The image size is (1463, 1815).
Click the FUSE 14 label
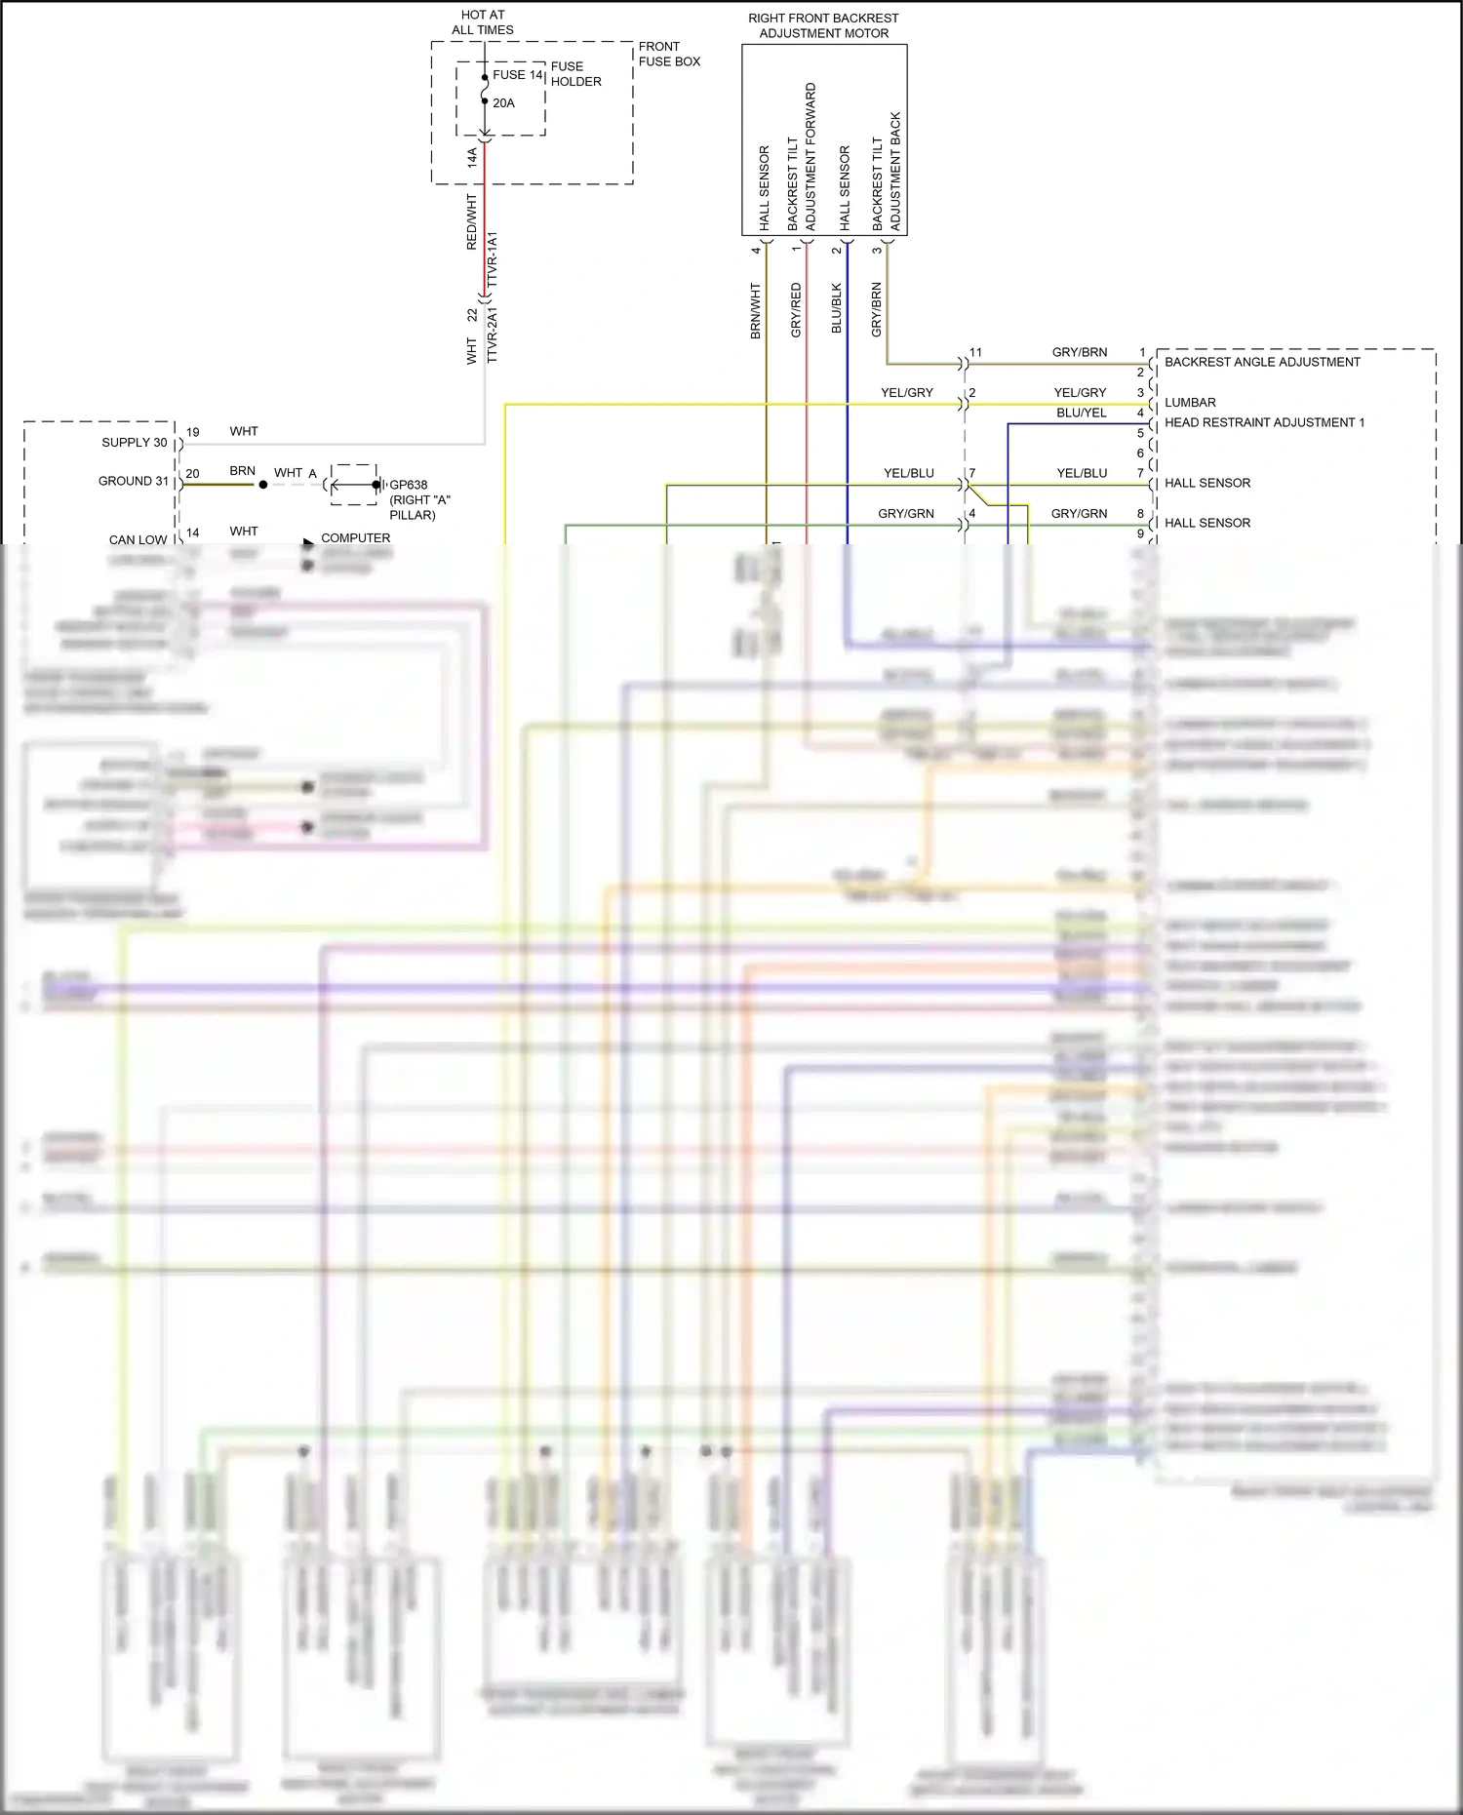(x=517, y=75)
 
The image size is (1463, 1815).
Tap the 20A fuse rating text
(x=503, y=103)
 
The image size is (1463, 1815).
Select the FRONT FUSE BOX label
(x=669, y=54)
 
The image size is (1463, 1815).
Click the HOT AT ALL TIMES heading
(x=483, y=22)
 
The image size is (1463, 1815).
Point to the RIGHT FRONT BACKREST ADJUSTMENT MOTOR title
(x=823, y=25)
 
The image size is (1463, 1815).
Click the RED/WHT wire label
(x=472, y=221)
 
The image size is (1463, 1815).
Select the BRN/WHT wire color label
(x=755, y=311)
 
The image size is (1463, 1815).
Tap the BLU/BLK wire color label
(x=836, y=308)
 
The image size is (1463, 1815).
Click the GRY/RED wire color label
(x=796, y=310)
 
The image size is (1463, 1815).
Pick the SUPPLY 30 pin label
(x=135, y=443)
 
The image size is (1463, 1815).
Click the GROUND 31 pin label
(x=134, y=481)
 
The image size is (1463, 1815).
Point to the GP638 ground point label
(x=409, y=485)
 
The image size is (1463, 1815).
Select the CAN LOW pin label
(x=138, y=539)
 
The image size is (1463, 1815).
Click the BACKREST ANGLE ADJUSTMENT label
(x=1262, y=362)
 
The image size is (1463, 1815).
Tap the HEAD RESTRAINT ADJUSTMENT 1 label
(x=1264, y=422)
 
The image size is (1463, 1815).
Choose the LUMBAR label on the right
(x=1190, y=402)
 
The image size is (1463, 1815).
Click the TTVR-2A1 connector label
(x=493, y=335)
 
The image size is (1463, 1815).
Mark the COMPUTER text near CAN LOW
(x=355, y=538)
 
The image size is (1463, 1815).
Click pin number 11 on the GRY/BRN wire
(x=975, y=353)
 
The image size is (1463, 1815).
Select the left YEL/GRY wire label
(x=907, y=393)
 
